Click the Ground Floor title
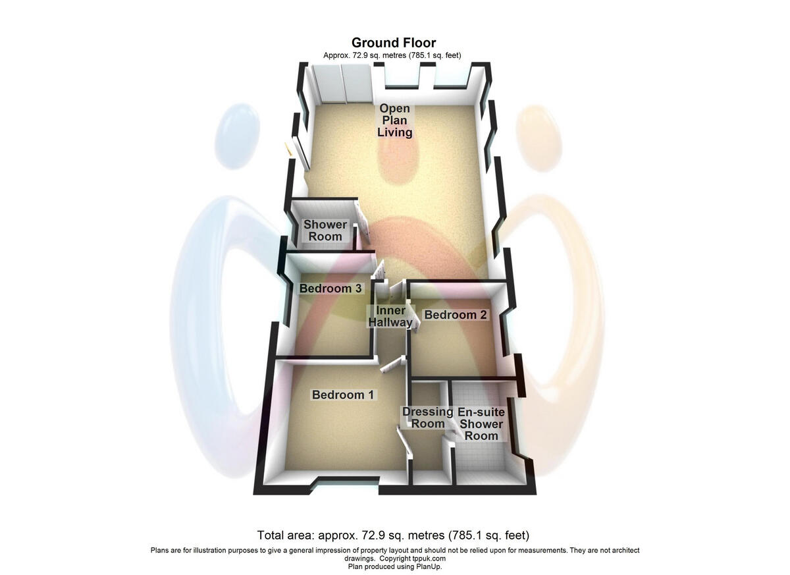(394, 43)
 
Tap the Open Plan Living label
(394, 121)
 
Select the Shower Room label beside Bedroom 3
(325, 231)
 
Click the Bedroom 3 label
(330, 288)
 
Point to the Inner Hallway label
(390, 317)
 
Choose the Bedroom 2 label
(456, 315)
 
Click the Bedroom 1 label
(343, 395)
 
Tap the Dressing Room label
(428, 418)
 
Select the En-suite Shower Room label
(481, 424)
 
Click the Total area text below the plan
(393, 535)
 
